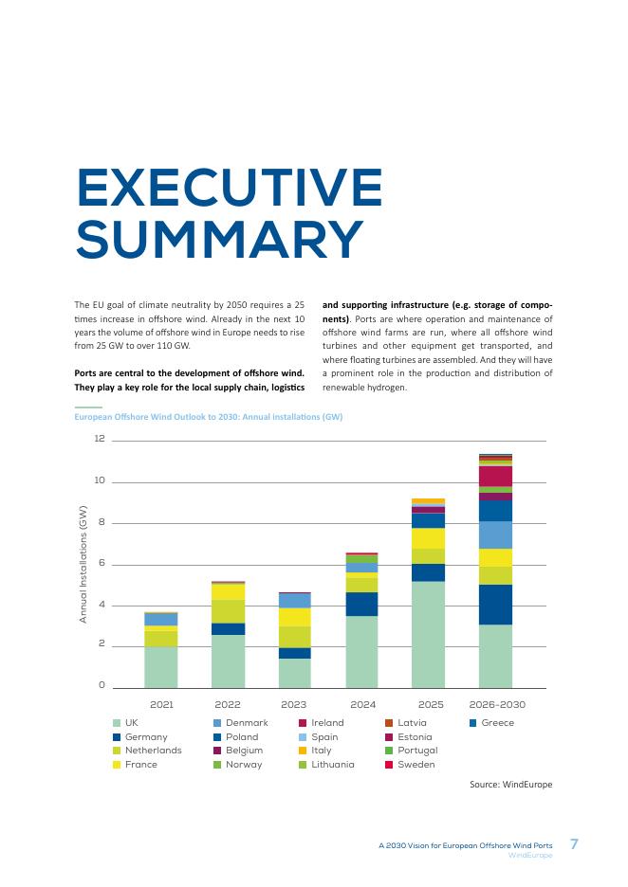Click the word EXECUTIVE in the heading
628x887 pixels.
230,188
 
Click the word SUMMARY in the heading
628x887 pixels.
220,239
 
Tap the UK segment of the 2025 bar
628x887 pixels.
428,635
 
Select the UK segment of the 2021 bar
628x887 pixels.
161,667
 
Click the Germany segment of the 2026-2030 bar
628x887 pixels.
495,605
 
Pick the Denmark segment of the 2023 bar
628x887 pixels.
294,601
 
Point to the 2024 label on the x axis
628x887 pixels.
363,705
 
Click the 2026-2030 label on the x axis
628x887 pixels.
497,705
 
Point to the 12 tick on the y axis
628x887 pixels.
100,439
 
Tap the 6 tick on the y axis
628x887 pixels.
102,563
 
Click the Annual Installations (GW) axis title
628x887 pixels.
83,564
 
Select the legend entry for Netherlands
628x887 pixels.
147,751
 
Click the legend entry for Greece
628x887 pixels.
491,723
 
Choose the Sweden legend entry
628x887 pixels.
410,765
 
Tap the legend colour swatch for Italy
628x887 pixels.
303,751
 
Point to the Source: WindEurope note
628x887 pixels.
510,785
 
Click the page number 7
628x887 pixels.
574,844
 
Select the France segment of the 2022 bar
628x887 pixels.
228,591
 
